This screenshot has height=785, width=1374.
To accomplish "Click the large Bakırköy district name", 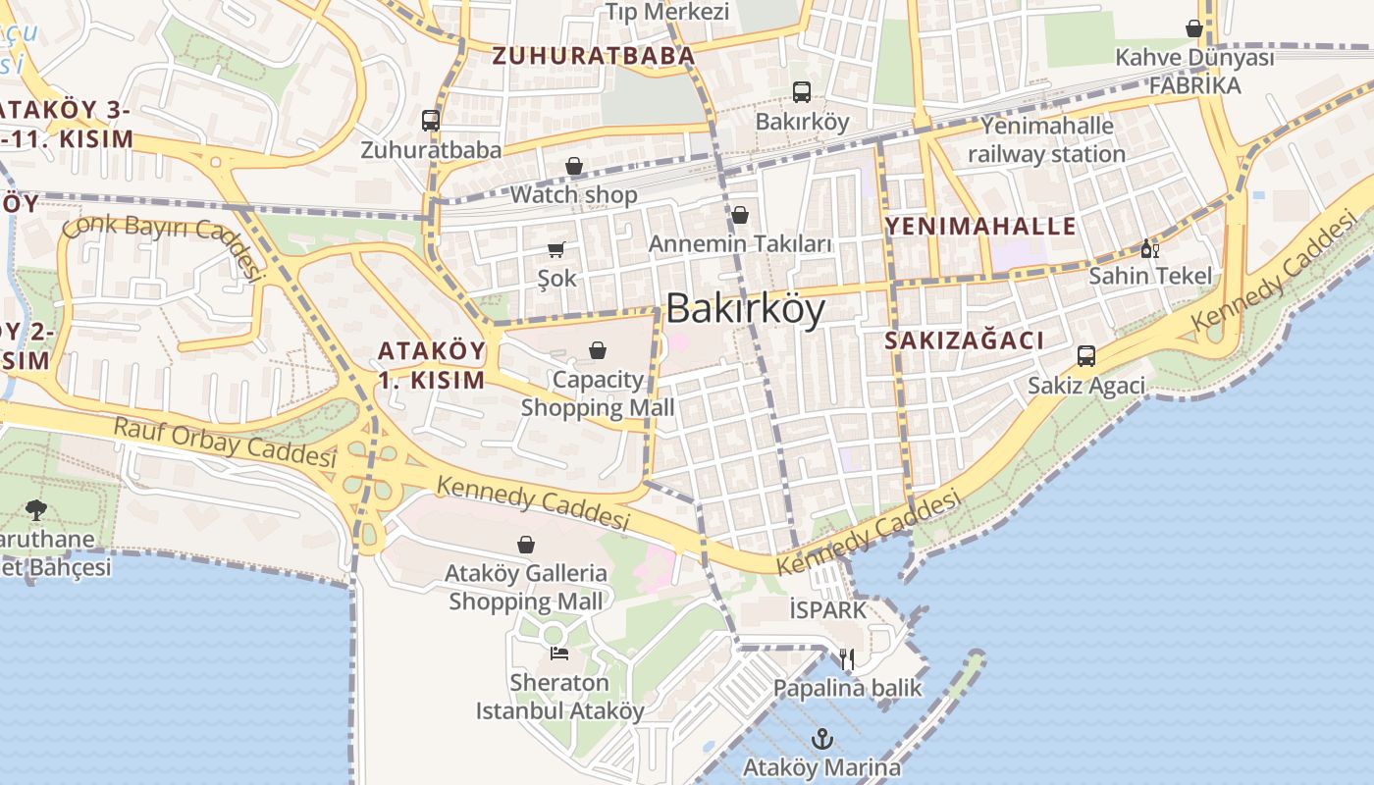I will click(x=746, y=309).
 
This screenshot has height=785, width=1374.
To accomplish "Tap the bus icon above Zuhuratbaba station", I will click(x=431, y=121).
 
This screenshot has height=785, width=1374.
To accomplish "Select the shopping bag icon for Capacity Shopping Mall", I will click(x=597, y=350).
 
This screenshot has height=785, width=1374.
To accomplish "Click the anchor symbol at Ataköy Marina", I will click(x=822, y=738).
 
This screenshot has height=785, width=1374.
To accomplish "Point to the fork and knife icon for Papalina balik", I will click(x=847, y=659).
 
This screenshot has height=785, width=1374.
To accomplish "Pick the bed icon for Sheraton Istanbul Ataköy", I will click(x=559, y=654).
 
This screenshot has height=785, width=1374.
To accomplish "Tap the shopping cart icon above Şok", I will click(x=556, y=249).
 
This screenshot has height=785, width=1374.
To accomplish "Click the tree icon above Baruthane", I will click(x=36, y=510).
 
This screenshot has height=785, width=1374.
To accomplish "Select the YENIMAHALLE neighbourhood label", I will click(x=980, y=227).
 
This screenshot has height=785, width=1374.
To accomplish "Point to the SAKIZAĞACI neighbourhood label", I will click(x=964, y=340).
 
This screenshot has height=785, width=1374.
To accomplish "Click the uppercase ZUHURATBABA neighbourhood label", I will click(x=593, y=56).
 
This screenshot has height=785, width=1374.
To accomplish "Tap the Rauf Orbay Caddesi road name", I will click(x=225, y=443).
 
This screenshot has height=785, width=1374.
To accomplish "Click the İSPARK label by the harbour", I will click(x=828, y=610).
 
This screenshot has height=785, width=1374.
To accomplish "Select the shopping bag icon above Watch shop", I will click(x=574, y=167).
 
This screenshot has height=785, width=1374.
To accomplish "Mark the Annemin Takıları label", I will click(x=741, y=243).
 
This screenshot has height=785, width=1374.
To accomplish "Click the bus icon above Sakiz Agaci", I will click(x=1086, y=356).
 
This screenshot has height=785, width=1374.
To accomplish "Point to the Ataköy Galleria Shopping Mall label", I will click(x=526, y=587).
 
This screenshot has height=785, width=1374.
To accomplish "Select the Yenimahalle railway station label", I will click(x=1047, y=140).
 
